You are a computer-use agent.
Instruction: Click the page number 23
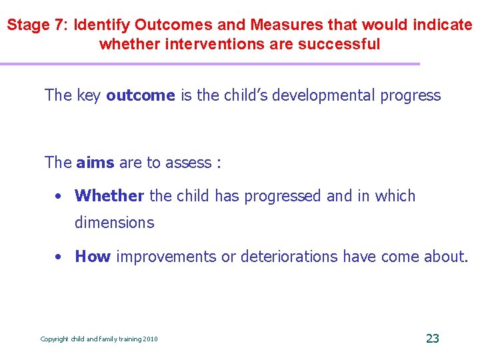(432, 339)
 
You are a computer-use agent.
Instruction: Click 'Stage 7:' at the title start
(38, 25)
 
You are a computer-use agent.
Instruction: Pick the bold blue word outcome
(140, 95)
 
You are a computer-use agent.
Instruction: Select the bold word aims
(95, 162)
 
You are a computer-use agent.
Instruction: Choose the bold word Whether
(109, 196)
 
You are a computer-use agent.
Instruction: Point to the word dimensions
(114, 223)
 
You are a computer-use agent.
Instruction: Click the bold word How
(93, 257)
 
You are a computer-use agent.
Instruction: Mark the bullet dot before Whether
(59, 197)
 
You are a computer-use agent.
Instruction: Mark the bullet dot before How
(59, 257)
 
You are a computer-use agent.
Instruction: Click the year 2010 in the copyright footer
(151, 339)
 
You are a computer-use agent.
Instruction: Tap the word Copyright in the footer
(54, 339)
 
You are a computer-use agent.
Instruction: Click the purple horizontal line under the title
(210, 64)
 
